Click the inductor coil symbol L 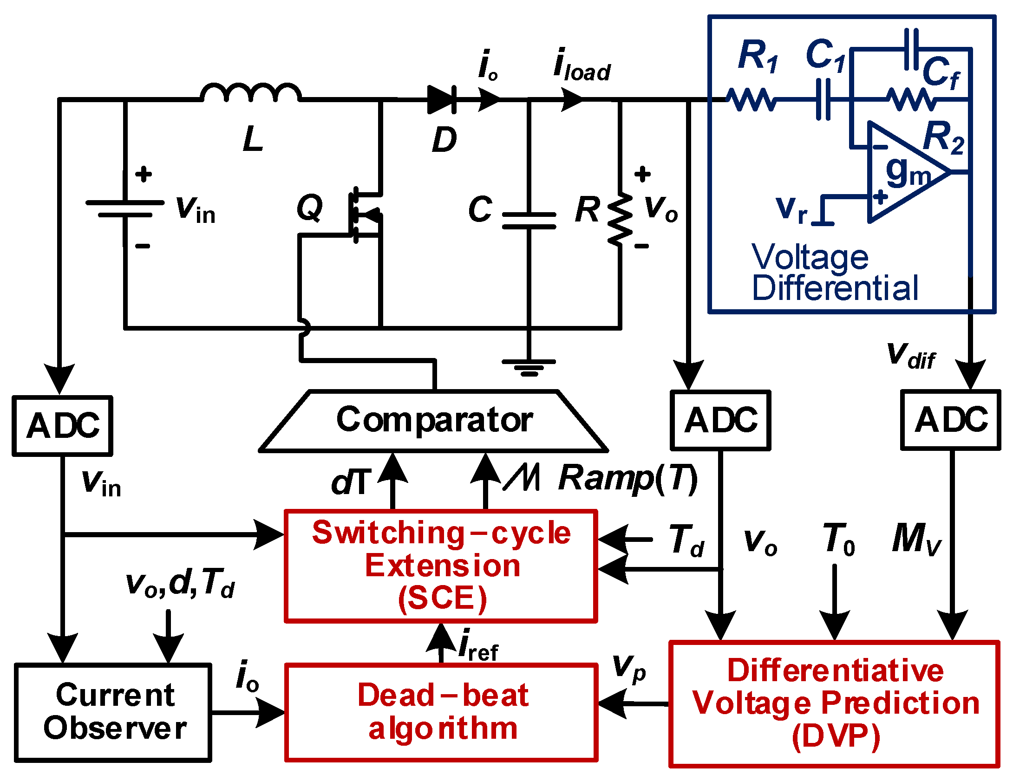[251, 93]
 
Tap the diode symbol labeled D [441, 99]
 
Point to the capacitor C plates [529, 221]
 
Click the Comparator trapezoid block [433, 421]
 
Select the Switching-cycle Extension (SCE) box [441, 565]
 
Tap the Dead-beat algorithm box [441, 712]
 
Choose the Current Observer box [113, 712]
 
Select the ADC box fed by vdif [950, 420]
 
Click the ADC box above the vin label [62, 425]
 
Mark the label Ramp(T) [627, 478]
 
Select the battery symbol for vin [124, 209]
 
